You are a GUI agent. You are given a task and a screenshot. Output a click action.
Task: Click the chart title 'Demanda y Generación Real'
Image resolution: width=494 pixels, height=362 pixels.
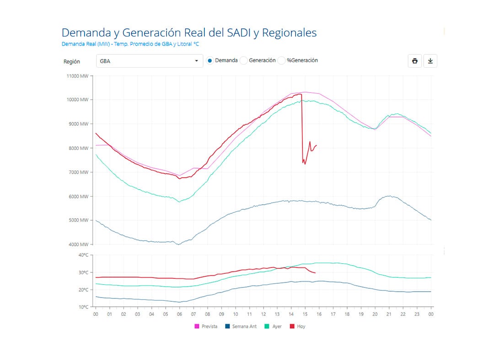(188, 33)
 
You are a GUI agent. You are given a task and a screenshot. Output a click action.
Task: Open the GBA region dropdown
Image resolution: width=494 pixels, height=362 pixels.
(149, 61)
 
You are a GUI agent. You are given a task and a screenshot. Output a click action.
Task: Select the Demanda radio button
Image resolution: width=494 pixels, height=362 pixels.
(210, 60)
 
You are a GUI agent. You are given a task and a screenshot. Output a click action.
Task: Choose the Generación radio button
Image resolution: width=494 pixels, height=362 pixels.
(244, 60)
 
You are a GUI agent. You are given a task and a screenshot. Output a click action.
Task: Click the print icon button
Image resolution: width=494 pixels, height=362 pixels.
(415, 61)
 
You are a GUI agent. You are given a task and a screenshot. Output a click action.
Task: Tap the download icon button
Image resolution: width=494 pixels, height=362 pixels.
(430, 61)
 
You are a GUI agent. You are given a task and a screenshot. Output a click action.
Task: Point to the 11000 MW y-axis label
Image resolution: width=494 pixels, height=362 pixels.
(77, 76)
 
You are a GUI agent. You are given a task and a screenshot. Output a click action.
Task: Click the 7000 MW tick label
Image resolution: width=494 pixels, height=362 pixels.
(78, 172)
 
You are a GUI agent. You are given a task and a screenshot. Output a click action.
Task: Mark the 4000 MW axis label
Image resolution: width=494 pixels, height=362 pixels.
(78, 245)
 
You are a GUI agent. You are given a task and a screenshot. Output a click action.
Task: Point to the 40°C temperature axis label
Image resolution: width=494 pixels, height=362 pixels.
(83, 255)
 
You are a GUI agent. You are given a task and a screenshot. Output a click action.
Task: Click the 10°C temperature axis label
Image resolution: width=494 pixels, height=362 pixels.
(83, 307)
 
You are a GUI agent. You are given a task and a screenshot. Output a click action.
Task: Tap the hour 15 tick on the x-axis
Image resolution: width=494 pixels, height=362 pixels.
(305, 314)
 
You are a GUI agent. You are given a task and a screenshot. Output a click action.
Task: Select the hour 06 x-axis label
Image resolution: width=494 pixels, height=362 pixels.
(179, 314)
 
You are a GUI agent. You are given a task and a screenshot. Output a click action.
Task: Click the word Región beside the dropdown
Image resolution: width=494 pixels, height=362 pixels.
(71, 61)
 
